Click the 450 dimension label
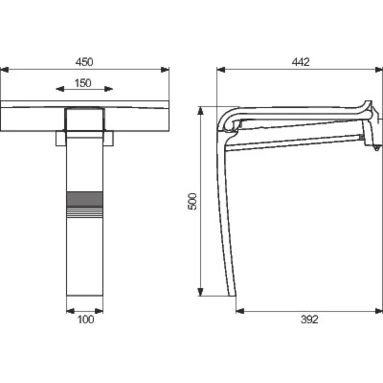pyautogui.click(x=84, y=62)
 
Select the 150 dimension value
pyautogui.click(x=83, y=83)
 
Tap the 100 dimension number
pyautogui.click(x=85, y=320)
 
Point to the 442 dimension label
pyautogui.click(x=301, y=62)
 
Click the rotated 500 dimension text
pyautogui.click(x=192, y=201)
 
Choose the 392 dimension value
pyautogui.click(x=310, y=320)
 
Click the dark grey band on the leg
pyautogui.click(x=85, y=199)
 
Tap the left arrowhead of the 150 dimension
pyautogui.click(x=60, y=89)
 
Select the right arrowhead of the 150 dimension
pyautogui.click(x=109, y=89)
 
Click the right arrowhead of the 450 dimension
pyautogui.click(x=165, y=70)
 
